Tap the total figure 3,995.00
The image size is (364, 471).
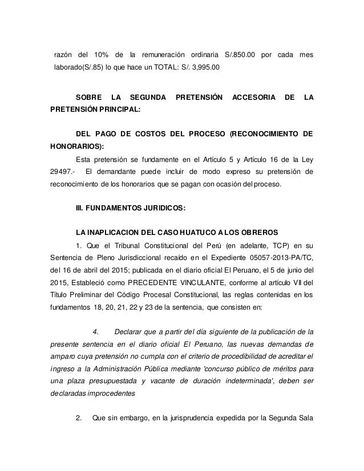point(209,67)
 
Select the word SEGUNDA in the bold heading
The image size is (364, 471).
point(147,97)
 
